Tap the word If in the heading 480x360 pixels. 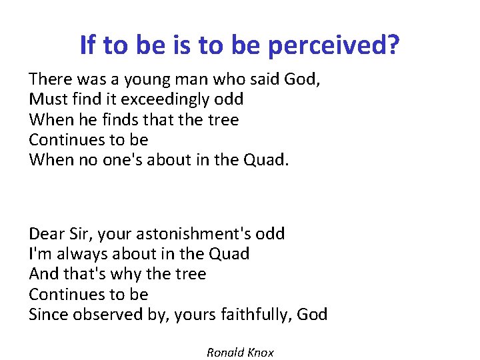point(87,45)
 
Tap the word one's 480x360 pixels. point(126,161)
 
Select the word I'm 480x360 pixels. point(40,254)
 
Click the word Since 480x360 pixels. point(48,315)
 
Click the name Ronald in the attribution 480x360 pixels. point(225,353)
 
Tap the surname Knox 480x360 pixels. point(261,353)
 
